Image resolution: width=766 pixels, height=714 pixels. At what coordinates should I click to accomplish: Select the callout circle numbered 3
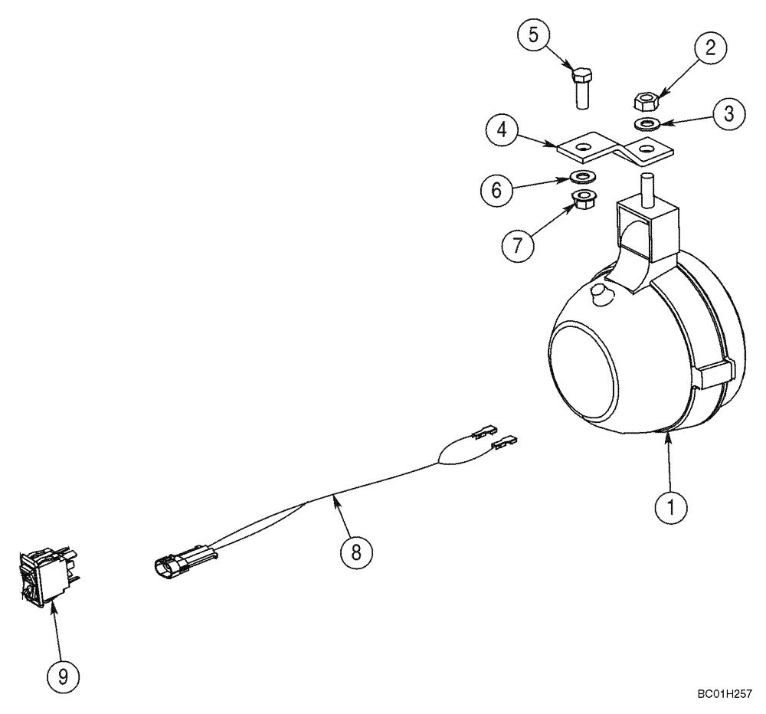[x=728, y=113]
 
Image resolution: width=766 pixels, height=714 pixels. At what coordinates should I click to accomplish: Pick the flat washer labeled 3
[x=647, y=123]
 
